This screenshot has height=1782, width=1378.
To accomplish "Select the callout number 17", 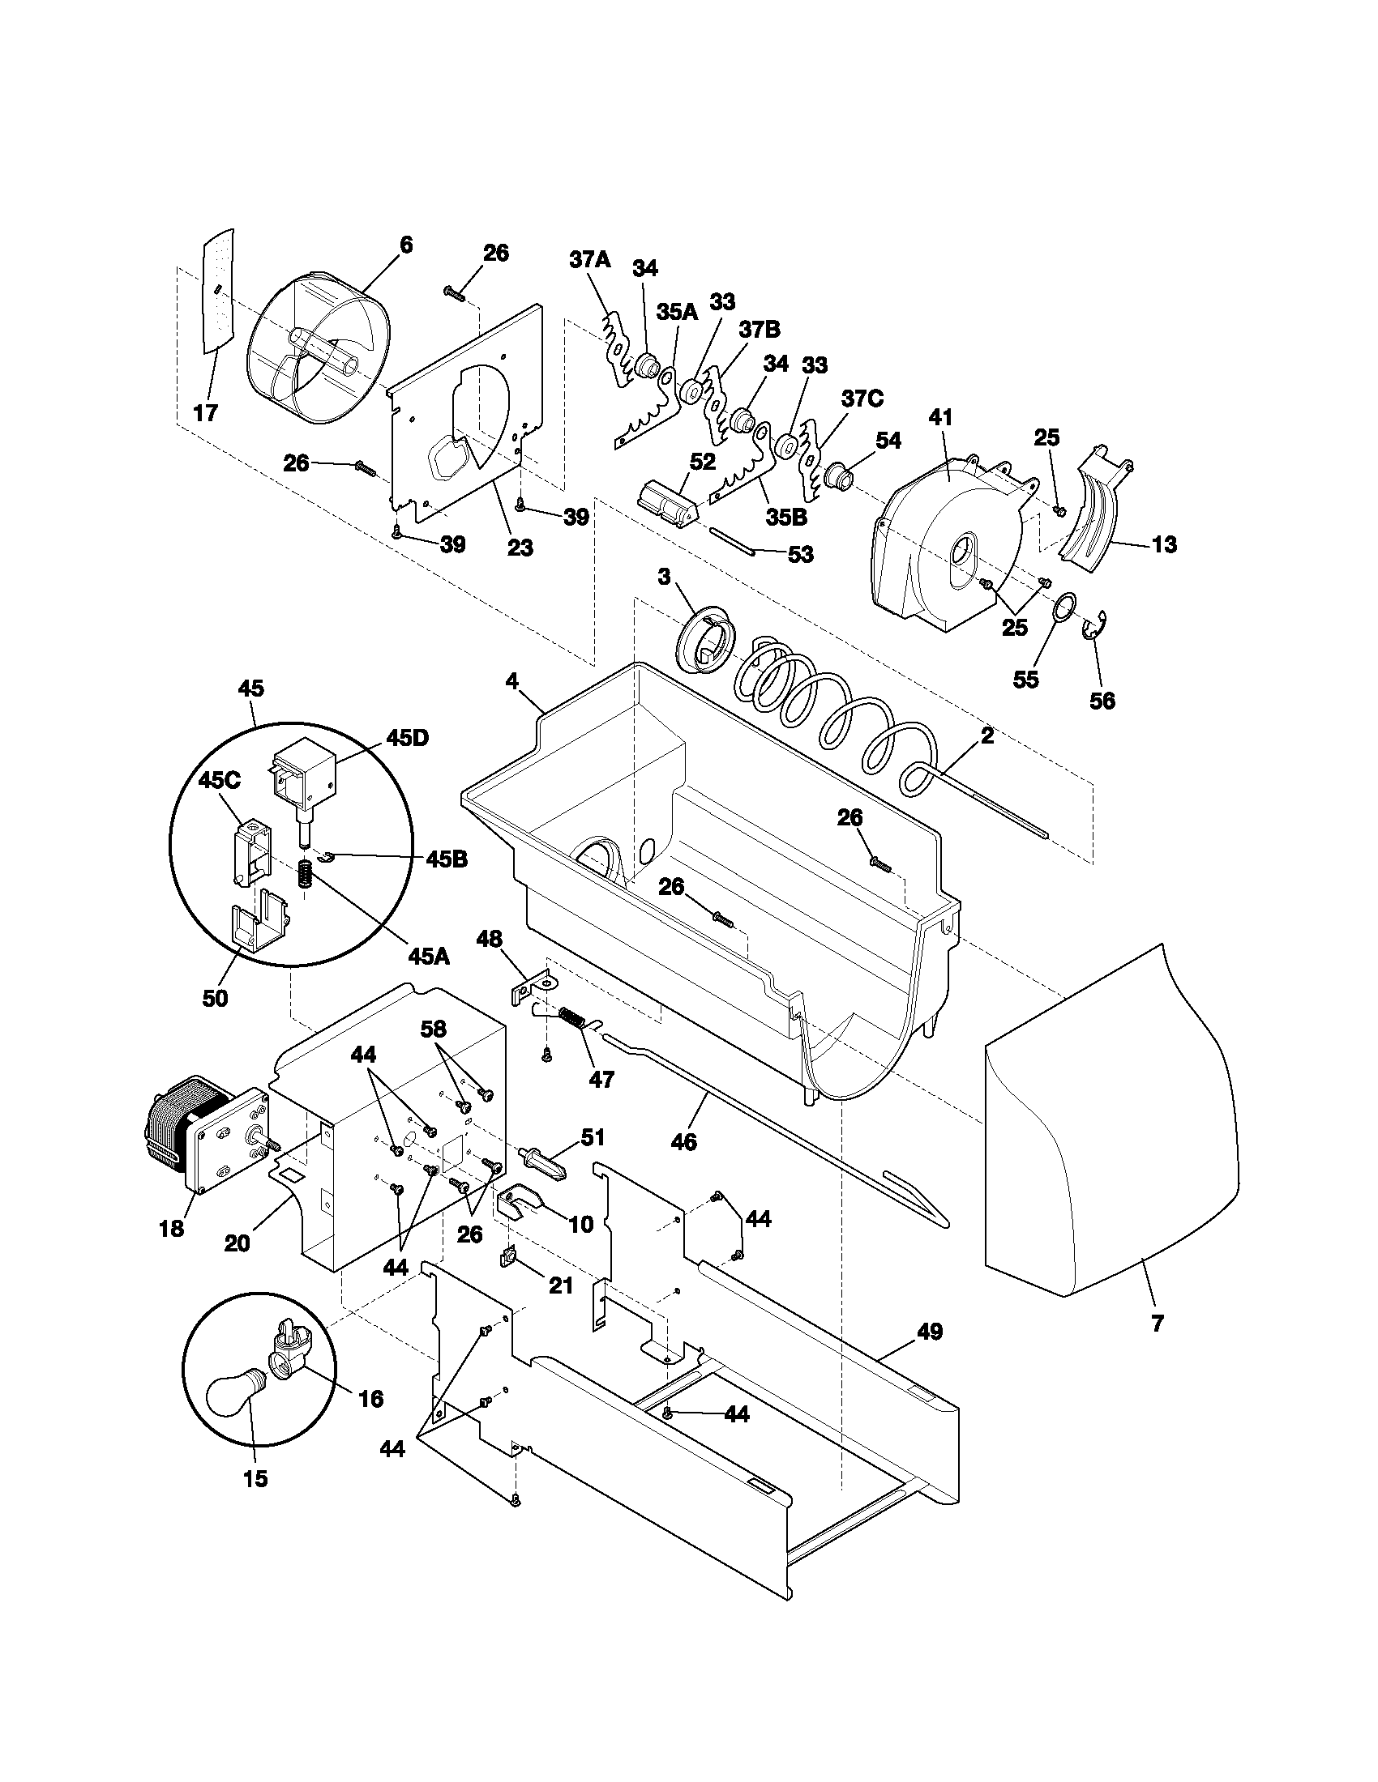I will (206, 413).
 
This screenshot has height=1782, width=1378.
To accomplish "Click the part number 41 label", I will (940, 417).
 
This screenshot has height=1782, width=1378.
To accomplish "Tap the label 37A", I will (589, 260).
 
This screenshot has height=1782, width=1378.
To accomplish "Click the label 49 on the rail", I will (929, 1332).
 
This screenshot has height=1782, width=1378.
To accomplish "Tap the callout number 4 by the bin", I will (511, 680).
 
